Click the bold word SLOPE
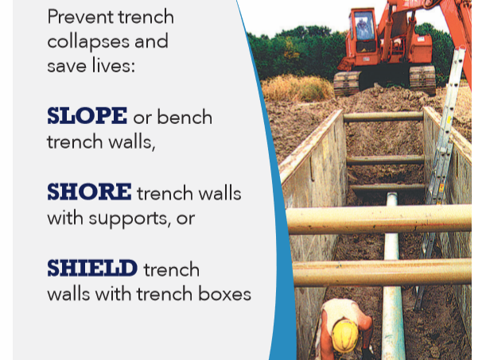coord(87,116)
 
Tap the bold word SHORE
coord(88,192)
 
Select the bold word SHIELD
coord(92,269)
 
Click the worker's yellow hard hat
coord(345,335)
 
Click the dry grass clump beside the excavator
coord(297,87)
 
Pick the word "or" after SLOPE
coord(142,118)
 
